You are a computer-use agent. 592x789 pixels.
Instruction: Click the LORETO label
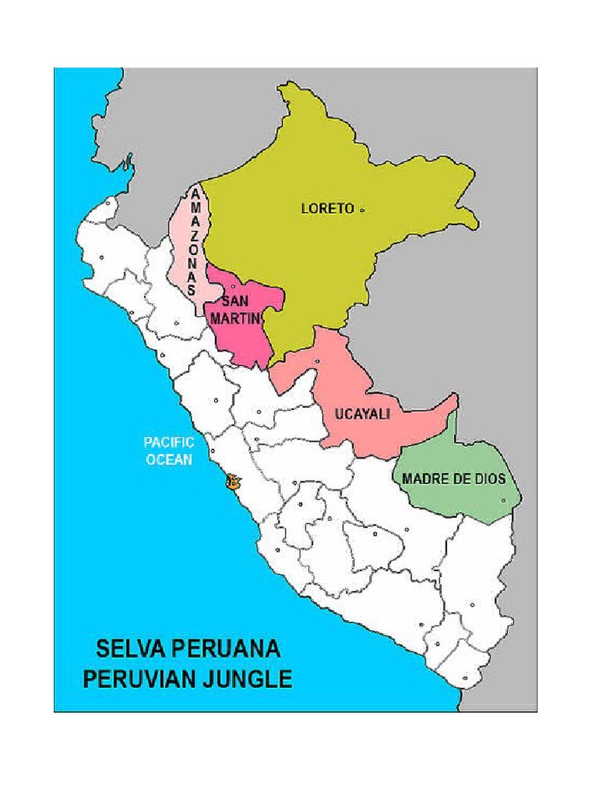(x=327, y=208)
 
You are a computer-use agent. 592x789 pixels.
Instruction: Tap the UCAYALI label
(x=362, y=414)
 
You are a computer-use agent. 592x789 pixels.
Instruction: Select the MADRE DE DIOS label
(x=453, y=478)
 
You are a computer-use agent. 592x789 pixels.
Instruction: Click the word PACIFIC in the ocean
(x=169, y=442)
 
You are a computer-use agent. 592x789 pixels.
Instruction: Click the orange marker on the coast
(x=232, y=482)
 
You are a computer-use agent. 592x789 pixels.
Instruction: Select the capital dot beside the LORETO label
(x=362, y=209)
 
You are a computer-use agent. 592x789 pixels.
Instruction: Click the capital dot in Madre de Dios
(x=503, y=500)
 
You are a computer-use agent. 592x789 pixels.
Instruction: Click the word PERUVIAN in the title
(x=141, y=679)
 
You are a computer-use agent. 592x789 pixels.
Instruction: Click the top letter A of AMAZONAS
(x=196, y=193)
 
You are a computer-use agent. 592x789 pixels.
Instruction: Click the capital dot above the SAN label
(x=233, y=287)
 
